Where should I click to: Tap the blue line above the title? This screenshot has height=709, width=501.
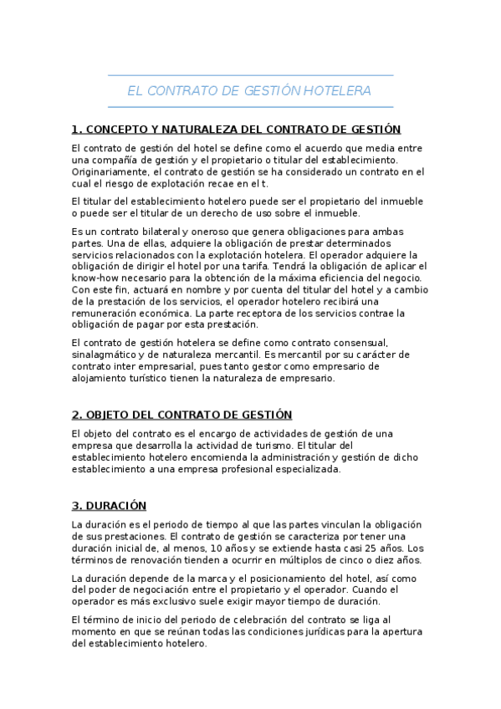tap(250, 75)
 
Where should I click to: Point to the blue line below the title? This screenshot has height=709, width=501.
tap(250, 106)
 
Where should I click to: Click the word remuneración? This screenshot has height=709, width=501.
tap(107, 314)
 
